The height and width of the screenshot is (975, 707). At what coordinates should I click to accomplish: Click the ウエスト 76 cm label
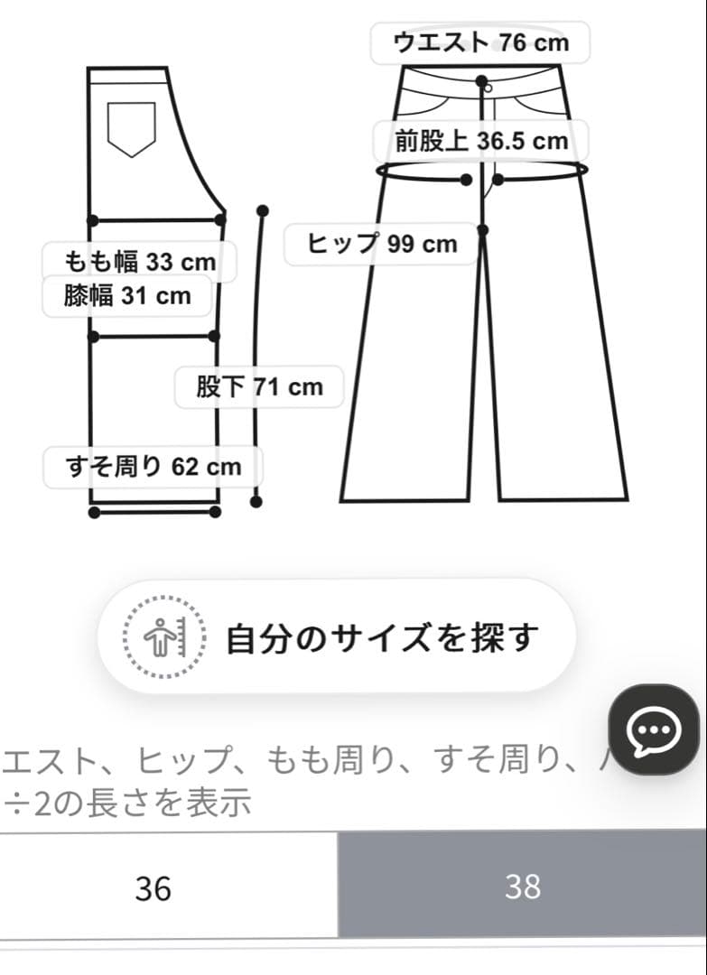point(480,42)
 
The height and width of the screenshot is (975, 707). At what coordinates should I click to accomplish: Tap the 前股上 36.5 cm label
point(481,141)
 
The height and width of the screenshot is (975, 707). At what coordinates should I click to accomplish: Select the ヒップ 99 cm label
point(382,244)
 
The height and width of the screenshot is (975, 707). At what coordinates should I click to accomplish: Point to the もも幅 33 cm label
point(140,262)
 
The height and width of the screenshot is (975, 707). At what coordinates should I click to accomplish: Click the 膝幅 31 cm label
point(127,295)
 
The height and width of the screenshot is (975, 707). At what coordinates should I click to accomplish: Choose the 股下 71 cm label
point(259,387)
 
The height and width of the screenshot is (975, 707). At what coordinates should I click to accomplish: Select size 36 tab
point(153,887)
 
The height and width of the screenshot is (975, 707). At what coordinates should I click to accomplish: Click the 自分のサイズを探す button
point(336,636)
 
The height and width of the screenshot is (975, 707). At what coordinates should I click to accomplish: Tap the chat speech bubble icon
point(654,729)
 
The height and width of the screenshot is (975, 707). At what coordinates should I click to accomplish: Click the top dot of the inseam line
point(263,210)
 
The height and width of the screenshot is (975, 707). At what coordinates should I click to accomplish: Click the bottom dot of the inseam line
point(257,500)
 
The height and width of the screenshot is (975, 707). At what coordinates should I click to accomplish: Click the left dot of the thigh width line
point(93,219)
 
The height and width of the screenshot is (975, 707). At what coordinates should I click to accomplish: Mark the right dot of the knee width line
point(215,336)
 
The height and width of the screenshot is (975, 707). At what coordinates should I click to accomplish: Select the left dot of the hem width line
point(95,513)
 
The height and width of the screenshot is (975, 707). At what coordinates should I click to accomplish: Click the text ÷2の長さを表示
point(126,802)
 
